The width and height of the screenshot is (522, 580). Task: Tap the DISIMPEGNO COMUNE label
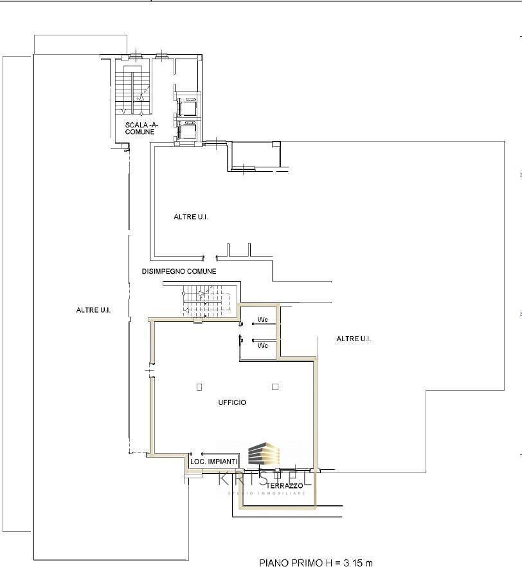(179, 272)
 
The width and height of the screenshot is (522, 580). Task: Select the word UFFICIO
(231, 402)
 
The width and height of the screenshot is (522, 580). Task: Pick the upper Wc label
(262, 320)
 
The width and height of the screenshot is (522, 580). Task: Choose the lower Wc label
(262, 346)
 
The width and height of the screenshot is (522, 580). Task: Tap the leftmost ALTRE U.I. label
(93, 310)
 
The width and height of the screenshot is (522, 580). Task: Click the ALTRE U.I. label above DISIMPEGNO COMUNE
(191, 218)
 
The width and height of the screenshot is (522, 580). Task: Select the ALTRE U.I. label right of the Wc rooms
(354, 339)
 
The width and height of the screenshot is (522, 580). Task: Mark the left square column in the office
(199, 387)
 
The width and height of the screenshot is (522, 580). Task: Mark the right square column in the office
(275, 387)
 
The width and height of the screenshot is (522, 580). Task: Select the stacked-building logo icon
(264, 454)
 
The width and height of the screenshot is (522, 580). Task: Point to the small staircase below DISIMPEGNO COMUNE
(204, 300)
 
